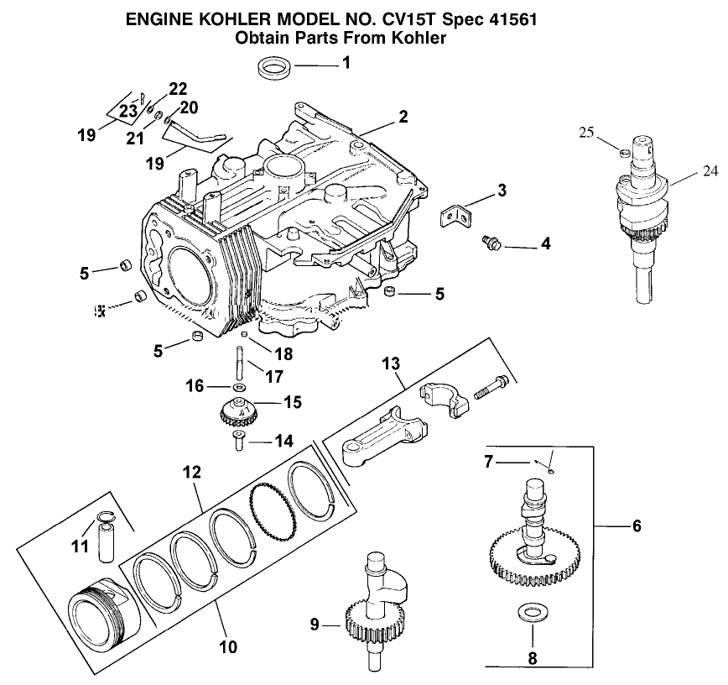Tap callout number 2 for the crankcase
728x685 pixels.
(x=403, y=117)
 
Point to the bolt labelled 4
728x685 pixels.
(x=490, y=243)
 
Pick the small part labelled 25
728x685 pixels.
(x=624, y=152)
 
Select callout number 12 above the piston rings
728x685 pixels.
(x=192, y=473)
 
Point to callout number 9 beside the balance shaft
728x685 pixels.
(x=315, y=623)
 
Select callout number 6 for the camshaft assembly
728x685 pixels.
(x=637, y=526)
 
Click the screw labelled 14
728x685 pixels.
(x=237, y=440)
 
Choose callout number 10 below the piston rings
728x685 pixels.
(x=227, y=646)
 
